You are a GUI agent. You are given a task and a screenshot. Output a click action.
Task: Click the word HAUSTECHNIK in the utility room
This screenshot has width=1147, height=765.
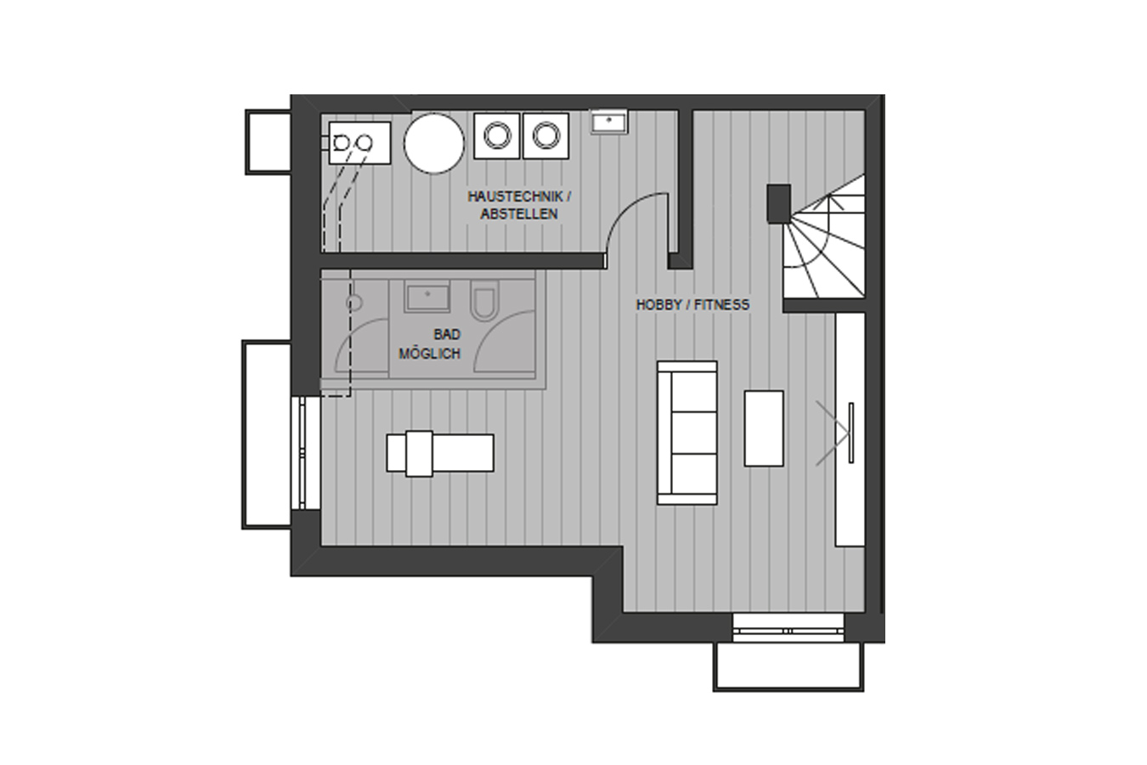[x=515, y=196]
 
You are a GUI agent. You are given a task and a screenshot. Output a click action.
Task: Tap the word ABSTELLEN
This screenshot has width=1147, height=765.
[x=519, y=214]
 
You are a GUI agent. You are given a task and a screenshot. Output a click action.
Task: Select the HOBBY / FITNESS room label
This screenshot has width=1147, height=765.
[x=692, y=305]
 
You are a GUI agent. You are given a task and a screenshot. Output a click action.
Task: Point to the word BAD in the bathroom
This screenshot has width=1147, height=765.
[x=447, y=335]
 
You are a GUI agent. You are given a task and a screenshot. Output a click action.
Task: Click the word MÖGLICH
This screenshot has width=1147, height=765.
[x=430, y=354]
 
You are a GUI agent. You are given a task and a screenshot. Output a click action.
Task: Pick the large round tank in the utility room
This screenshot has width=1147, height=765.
[x=434, y=144]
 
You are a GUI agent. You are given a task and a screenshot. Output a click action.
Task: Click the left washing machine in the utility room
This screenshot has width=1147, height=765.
[x=497, y=136]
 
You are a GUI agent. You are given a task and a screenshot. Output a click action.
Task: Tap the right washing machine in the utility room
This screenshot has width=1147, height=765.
[x=545, y=136]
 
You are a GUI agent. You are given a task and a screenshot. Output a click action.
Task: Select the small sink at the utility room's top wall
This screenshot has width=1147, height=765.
[x=609, y=122]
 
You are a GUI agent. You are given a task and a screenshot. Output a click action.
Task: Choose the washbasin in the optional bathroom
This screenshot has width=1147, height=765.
[x=427, y=296]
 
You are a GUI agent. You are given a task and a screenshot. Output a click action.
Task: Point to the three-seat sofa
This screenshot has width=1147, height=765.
[x=687, y=433]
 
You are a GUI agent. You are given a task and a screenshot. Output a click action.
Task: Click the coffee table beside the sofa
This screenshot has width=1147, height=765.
[x=764, y=429]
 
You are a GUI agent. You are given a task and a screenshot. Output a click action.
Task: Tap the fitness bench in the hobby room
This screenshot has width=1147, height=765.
[x=440, y=453]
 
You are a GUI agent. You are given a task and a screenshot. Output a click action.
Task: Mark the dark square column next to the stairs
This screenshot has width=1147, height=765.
[x=778, y=204]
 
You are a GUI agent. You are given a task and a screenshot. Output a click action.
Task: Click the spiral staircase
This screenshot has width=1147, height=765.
[x=824, y=241]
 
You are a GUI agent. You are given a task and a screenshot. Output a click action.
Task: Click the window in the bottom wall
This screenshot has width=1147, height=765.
[x=788, y=627]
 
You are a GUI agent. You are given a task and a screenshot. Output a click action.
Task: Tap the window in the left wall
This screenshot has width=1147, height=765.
[x=306, y=453]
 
